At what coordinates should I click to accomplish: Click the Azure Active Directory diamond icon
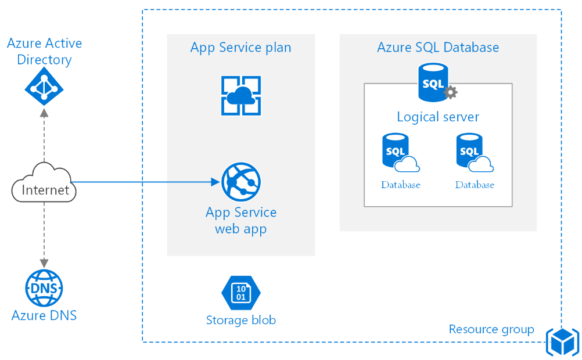tap(44, 89)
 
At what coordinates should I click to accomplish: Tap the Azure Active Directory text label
tap(44, 51)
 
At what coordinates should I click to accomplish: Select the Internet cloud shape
tap(44, 185)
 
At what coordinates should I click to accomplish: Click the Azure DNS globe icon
tap(44, 288)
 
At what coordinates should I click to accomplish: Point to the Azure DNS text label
tap(44, 315)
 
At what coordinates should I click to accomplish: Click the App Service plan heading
tap(240, 47)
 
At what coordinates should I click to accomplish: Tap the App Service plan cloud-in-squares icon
tap(240, 96)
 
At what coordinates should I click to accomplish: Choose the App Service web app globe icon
tap(240, 182)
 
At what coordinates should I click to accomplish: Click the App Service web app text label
tap(240, 220)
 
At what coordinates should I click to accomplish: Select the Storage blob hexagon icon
tap(240, 293)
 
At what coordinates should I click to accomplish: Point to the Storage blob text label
tap(240, 320)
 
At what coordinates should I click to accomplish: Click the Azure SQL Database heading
tap(438, 47)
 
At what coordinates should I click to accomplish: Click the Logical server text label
tap(438, 117)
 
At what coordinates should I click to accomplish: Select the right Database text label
tap(475, 185)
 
